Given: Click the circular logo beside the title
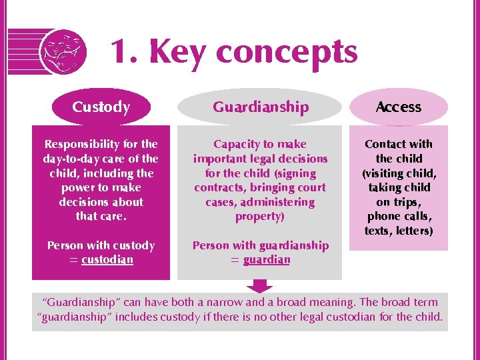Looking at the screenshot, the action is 63,53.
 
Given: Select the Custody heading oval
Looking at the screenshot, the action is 101,107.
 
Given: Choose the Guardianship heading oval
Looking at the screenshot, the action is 261,107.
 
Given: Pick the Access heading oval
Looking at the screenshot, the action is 399,107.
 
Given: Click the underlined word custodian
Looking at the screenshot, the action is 107,259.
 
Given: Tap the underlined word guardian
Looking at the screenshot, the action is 267,259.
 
